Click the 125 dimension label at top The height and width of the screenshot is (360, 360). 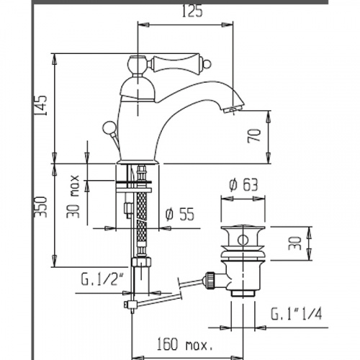(x=192, y=11)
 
